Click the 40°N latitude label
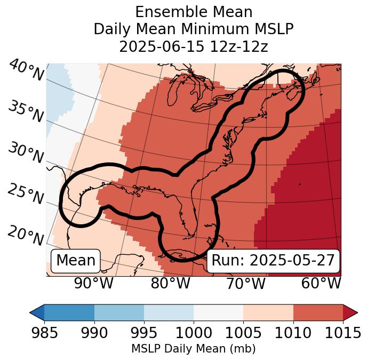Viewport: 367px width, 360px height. [26, 71]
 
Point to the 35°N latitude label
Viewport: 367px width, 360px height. [26, 111]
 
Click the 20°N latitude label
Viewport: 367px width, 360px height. [26, 236]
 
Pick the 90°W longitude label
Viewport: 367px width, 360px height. [93, 283]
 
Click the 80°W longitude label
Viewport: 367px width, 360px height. [170, 283]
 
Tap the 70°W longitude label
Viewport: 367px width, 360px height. [246, 283]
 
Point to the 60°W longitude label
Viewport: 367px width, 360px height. [321, 283]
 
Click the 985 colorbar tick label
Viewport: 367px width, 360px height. [44, 333]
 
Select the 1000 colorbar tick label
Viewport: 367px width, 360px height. [194, 333]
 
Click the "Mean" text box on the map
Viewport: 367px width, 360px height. [76, 261]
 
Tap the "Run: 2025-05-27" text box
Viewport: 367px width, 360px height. [273, 261]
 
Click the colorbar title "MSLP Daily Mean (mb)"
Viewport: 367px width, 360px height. [193, 349]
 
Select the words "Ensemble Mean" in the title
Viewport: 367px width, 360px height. [194, 12]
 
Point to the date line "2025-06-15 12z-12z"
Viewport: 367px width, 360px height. [194, 46]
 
